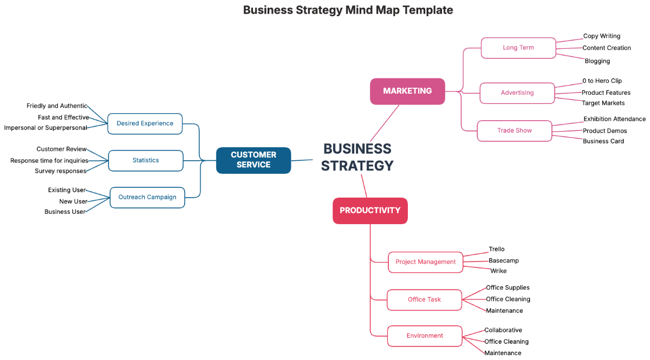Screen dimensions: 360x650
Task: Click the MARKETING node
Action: pos(407,91)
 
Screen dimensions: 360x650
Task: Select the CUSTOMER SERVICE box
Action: pos(253,160)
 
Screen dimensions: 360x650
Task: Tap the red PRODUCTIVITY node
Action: pos(370,211)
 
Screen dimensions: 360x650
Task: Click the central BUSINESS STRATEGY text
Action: pos(357,157)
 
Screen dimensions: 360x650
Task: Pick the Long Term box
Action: pos(518,48)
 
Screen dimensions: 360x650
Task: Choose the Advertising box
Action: pos(517,93)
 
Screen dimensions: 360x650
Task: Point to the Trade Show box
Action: pos(515,130)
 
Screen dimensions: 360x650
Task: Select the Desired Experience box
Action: pos(145,123)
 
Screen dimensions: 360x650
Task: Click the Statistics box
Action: pos(146,160)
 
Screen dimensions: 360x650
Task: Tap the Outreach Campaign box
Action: pos(147,197)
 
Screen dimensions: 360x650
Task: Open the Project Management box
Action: pos(426,262)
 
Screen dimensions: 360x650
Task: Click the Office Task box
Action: pos(425,299)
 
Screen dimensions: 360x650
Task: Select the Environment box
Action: pos(425,336)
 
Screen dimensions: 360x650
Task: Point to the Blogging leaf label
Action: pos(597,61)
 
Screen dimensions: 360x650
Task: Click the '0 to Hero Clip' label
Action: pos(602,81)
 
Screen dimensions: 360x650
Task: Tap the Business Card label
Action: pos(603,141)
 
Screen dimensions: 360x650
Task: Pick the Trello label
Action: pos(497,250)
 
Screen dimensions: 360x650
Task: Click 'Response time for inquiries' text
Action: pos(49,161)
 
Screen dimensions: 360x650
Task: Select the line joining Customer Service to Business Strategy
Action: pos(302,160)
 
